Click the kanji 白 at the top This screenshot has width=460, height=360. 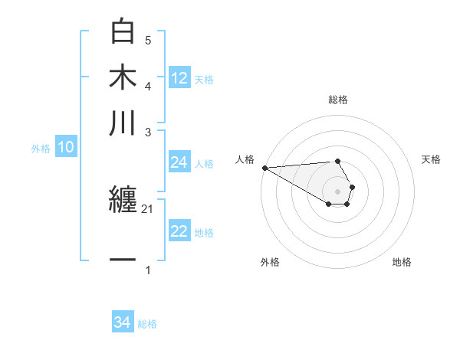pyautogui.click(x=123, y=32)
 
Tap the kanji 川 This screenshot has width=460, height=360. pyautogui.click(x=123, y=123)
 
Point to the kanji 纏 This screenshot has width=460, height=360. pyautogui.click(x=123, y=201)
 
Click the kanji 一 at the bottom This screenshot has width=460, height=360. pyautogui.click(x=123, y=260)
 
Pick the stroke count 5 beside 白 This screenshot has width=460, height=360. pyautogui.click(x=148, y=40)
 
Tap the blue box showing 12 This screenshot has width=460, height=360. pyautogui.click(x=179, y=78)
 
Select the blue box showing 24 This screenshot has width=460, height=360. pyautogui.click(x=179, y=162)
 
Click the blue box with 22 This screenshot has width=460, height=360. pyautogui.click(x=179, y=232)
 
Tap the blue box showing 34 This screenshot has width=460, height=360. pyautogui.click(x=123, y=323)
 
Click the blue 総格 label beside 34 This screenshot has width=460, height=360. pyautogui.click(x=147, y=324)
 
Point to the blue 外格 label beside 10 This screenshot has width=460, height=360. pyautogui.click(x=41, y=149)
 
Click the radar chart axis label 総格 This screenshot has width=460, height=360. pyautogui.click(x=338, y=100)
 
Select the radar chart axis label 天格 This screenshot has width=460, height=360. pyautogui.click(x=432, y=159)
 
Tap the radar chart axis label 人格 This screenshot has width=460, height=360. pyautogui.click(x=245, y=159)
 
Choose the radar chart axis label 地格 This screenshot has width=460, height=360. pyautogui.click(x=402, y=262)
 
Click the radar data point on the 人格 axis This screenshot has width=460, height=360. pyautogui.click(x=264, y=167)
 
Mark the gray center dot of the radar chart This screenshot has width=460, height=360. pyautogui.click(x=338, y=191)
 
